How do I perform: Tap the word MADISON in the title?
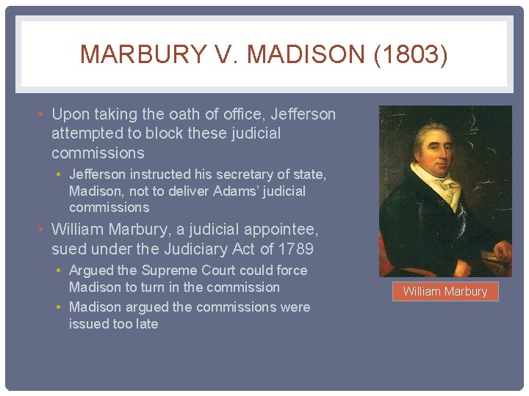point(295,55)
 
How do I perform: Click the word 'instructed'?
point(157,175)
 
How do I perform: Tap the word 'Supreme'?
point(166,270)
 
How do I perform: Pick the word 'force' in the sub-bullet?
point(290,270)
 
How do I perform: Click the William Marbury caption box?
point(445,291)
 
